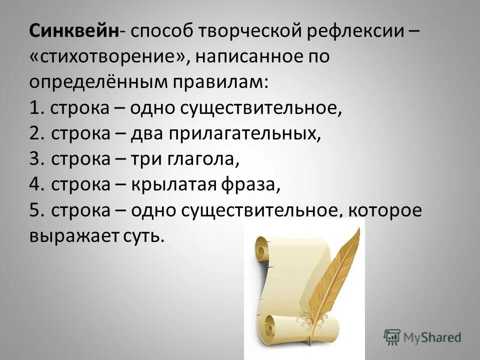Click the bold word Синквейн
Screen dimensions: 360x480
click(x=74, y=32)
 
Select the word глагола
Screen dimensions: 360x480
click(x=197, y=159)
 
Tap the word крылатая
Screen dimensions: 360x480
click(x=173, y=185)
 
